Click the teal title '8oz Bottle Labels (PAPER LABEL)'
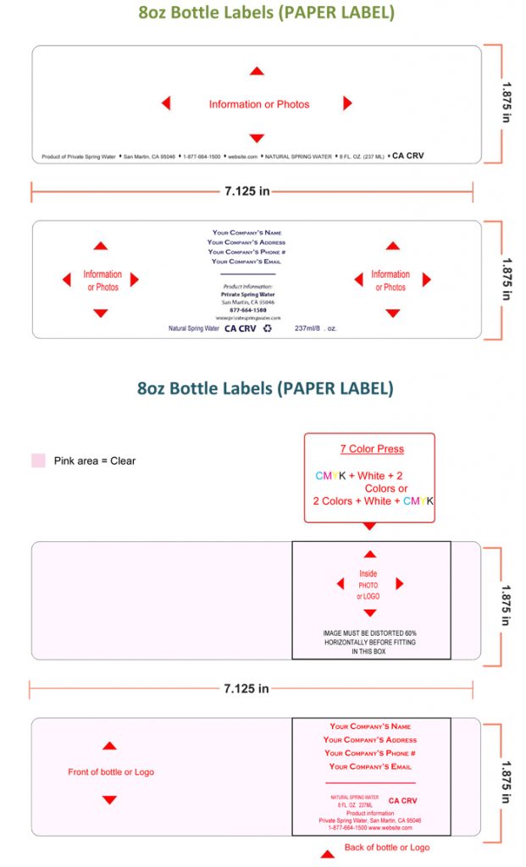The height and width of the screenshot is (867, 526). tap(265, 389)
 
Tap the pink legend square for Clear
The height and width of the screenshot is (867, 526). tap(38, 461)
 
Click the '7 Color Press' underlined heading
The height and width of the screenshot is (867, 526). tap(372, 449)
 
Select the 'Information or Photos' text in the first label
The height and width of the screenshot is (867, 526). tap(259, 104)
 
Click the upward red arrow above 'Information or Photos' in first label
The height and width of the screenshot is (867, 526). tap(257, 71)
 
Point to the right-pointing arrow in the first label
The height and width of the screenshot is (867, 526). tap(347, 103)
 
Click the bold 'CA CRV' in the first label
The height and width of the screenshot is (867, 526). tap(407, 156)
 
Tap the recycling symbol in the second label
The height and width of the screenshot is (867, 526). tap(268, 329)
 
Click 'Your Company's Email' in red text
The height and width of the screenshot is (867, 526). tap(370, 766)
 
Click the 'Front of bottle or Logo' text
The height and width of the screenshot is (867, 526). tap(111, 772)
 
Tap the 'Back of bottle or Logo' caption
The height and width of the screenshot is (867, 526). tap(386, 848)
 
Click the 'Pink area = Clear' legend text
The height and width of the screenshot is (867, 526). tap(95, 461)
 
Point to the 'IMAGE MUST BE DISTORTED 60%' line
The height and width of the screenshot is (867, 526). tap(369, 633)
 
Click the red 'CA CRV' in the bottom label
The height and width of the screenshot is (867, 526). tap(402, 800)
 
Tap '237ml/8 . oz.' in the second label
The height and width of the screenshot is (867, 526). tap(315, 329)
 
